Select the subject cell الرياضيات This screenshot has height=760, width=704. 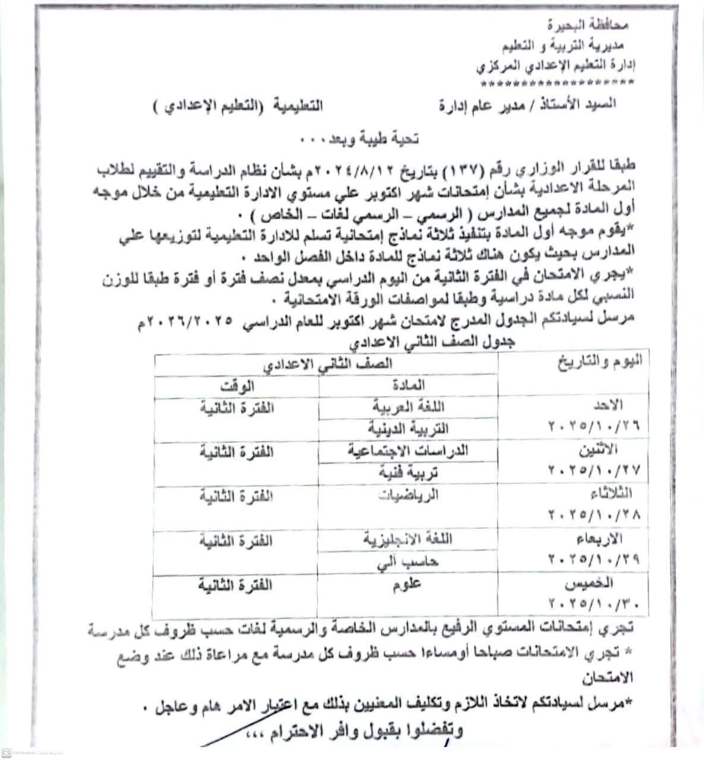[409, 495]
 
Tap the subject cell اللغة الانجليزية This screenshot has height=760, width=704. [409, 539]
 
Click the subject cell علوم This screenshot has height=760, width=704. [408, 585]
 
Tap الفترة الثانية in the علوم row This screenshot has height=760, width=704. [235, 585]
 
